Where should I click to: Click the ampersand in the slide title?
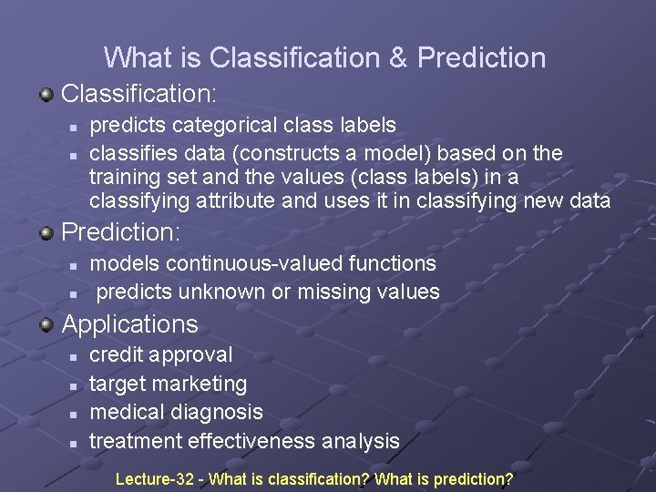click(398, 58)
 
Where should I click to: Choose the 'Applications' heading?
click(129, 323)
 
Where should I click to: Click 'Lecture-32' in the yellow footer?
click(154, 478)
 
